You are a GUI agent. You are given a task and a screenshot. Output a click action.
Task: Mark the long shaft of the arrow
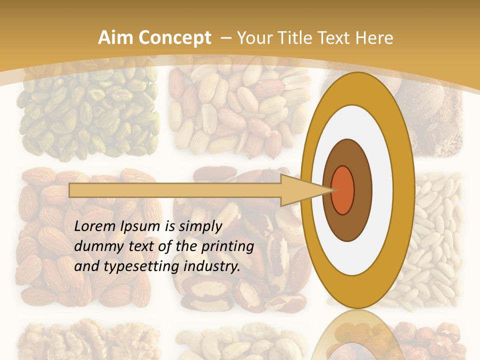pyautogui.click(x=175, y=190)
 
